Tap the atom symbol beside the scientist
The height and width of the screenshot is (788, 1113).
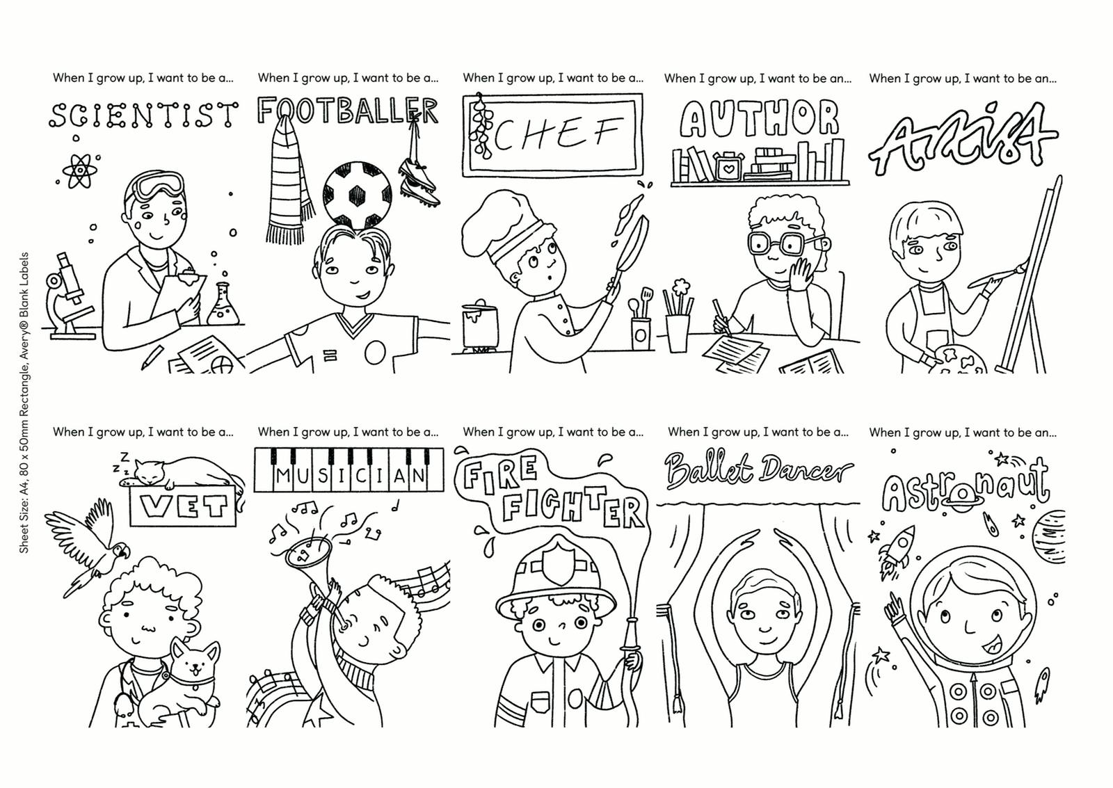79,170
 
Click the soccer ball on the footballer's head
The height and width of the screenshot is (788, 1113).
357,195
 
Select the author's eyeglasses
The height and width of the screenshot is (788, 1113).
780,243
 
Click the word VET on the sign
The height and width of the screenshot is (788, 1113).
184,507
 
